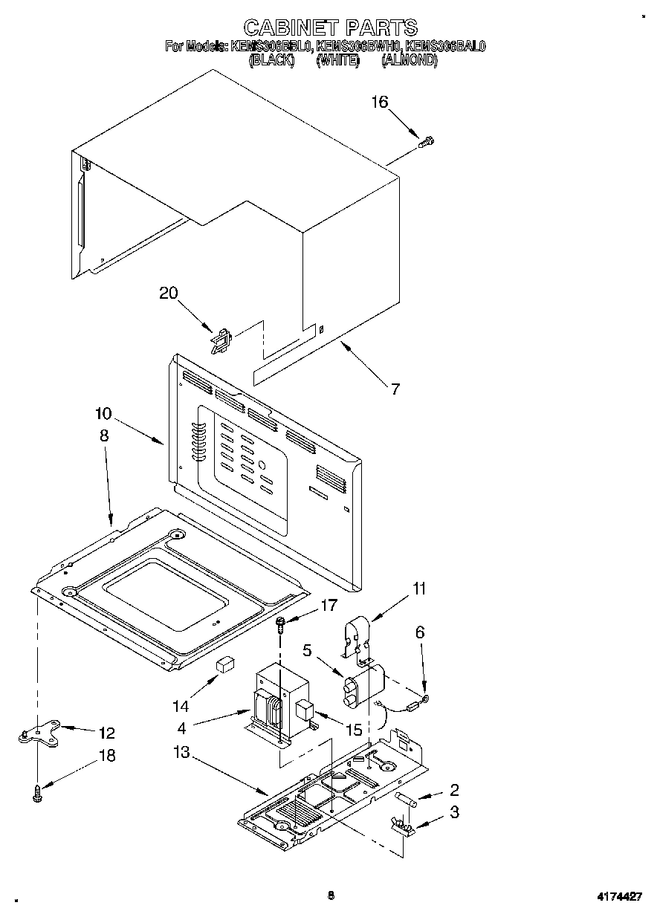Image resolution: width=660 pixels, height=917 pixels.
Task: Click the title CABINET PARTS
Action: tap(330, 28)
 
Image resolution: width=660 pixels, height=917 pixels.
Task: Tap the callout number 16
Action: tap(380, 102)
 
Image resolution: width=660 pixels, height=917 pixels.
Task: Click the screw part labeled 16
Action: tap(427, 141)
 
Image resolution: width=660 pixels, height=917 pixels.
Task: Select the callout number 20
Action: tap(169, 293)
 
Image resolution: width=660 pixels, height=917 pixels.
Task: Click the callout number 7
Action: tap(395, 388)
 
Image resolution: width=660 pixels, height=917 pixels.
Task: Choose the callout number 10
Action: tap(103, 413)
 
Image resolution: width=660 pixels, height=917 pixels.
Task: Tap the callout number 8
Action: tap(103, 436)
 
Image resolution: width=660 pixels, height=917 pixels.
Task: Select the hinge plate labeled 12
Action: tap(36, 736)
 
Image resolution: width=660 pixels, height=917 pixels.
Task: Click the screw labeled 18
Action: tap(37, 794)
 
